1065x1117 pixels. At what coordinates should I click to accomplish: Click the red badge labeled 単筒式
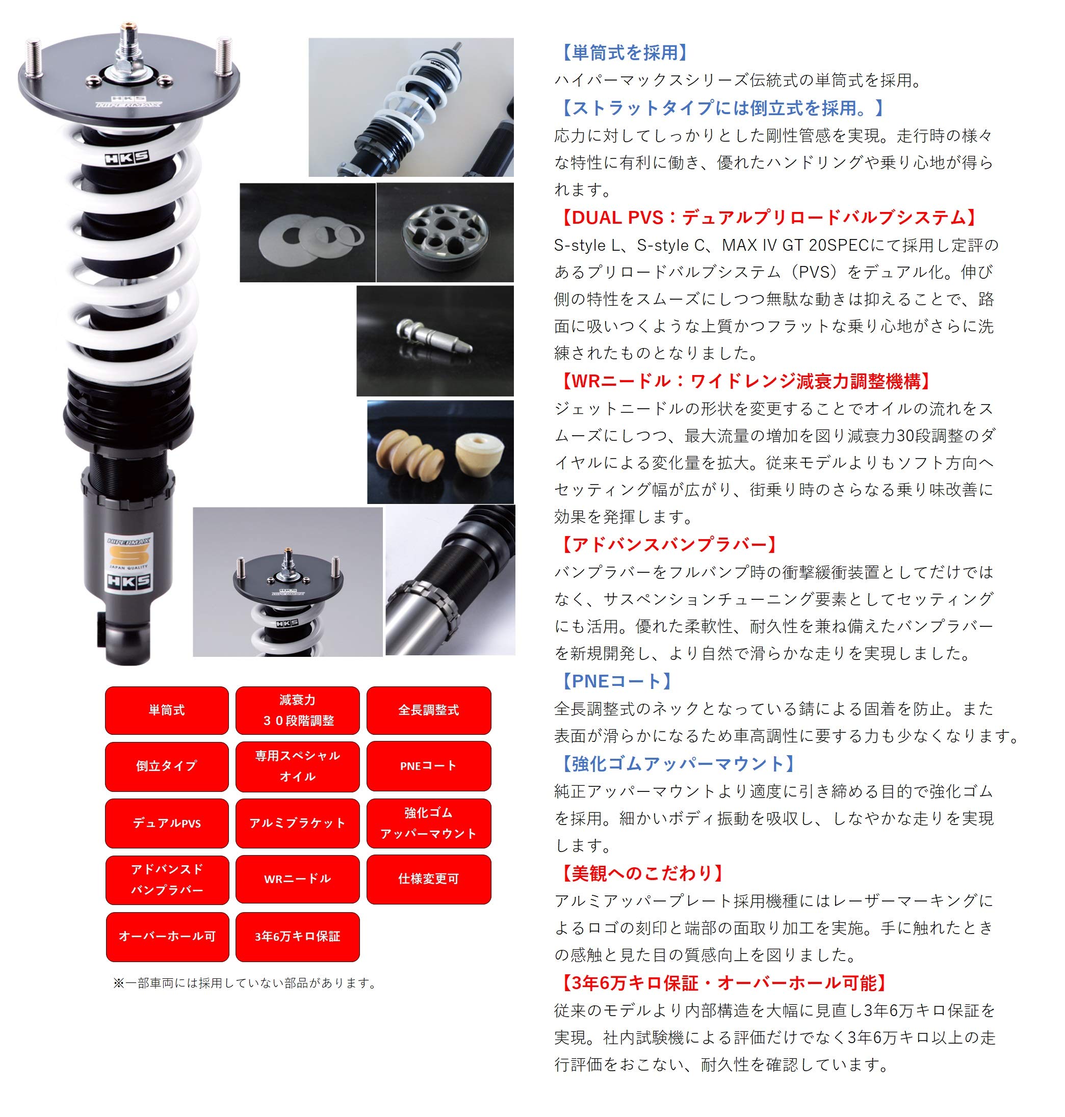click(166, 710)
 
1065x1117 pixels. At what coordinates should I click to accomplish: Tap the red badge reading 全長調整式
click(429, 710)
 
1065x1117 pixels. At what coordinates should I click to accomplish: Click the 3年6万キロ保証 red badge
click(297, 937)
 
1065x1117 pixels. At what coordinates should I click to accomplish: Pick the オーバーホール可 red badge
click(167, 937)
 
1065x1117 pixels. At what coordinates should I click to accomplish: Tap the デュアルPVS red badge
click(166, 823)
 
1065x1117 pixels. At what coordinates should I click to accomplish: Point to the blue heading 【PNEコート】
click(615, 681)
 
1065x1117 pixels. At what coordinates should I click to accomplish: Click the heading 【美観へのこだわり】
click(641, 872)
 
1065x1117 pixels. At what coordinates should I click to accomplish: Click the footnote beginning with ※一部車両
click(245, 983)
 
